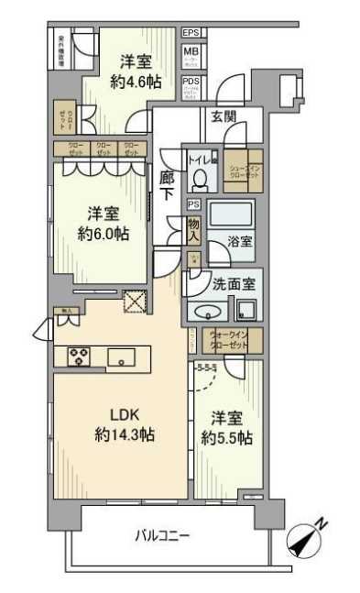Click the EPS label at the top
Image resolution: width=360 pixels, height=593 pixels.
click(191, 33)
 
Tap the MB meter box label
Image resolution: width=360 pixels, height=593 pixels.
click(191, 52)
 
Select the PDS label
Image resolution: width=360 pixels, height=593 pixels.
click(191, 82)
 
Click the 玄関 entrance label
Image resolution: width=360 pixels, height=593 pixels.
click(224, 116)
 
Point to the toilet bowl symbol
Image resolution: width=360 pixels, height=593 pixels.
click(203, 173)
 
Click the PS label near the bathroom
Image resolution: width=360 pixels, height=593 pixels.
click(193, 204)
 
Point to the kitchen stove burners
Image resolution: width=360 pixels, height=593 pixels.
click(75, 357)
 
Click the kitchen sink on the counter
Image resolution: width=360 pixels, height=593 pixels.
click(121, 356)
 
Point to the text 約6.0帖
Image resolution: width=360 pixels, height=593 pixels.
click(103, 234)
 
